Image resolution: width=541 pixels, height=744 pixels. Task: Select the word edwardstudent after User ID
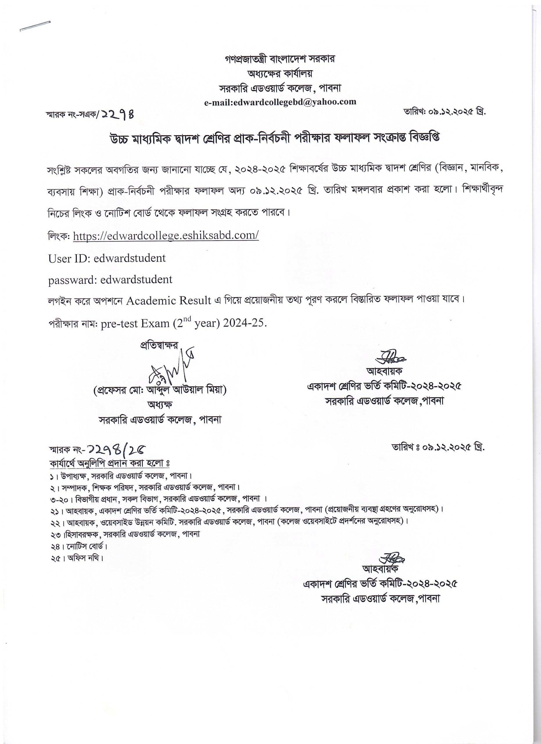coord(130,258)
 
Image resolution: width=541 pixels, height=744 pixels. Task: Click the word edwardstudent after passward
coord(136,280)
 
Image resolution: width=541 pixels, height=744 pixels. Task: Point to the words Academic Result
coord(169,301)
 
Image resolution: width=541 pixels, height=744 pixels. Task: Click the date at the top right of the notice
coord(445,112)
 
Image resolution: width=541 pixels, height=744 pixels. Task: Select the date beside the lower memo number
coord(438,447)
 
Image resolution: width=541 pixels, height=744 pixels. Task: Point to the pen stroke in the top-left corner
coord(35,26)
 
